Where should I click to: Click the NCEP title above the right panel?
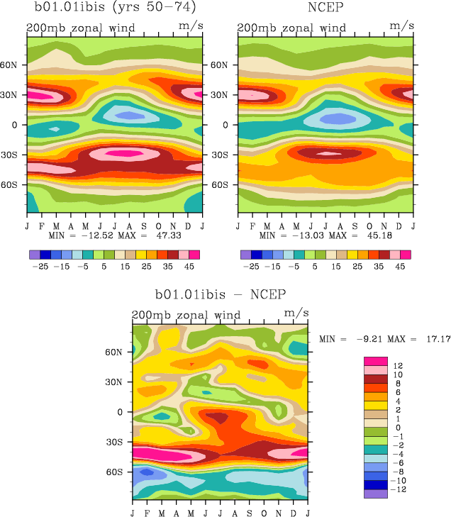[326, 9]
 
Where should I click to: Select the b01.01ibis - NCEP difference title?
[220, 294]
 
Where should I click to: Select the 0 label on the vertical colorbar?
[396, 427]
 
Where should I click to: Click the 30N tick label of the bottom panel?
[118, 382]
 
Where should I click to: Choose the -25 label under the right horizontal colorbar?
[251, 267]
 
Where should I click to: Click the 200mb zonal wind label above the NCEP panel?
[291, 28]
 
